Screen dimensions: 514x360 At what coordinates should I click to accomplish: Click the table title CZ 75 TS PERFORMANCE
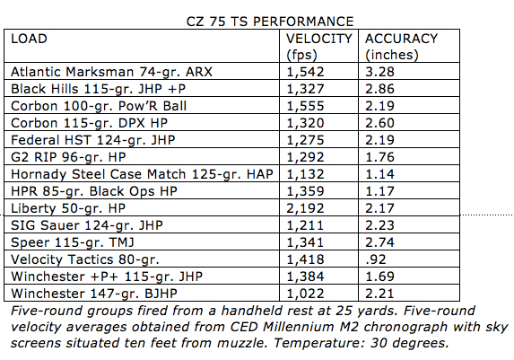coord(270,22)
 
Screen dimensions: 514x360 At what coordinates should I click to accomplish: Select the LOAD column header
coord(29,39)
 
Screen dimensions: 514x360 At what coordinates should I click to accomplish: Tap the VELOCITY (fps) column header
coord(319,47)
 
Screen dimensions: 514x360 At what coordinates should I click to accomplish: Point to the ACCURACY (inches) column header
coord(401,47)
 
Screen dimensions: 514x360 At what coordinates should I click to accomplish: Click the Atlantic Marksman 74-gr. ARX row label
coord(111,72)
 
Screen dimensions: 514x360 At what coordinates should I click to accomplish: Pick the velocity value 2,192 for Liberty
coord(305,208)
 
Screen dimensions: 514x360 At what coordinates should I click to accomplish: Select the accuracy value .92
coord(376,259)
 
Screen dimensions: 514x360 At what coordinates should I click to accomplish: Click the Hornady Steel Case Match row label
coord(142,174)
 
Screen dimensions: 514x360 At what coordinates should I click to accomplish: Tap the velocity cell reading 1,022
coord(305,294)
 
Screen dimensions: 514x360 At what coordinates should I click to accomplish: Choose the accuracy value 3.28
coord(379,72)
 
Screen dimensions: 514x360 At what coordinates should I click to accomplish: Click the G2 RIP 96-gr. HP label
coord(68,157)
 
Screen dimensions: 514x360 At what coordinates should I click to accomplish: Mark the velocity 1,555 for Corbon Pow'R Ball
coord(305,106)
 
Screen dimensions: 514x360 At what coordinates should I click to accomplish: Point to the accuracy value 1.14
coord(379,174)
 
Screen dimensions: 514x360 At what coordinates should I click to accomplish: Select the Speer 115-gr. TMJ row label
coord(73,242)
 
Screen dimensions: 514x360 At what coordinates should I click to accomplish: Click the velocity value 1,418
coord(305,259)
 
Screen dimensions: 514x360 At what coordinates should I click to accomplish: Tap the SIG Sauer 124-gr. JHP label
coord(87,225)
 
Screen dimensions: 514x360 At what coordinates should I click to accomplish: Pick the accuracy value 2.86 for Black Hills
coord(379,89)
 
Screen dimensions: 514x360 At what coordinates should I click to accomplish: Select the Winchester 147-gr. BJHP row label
coord(94,294)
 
